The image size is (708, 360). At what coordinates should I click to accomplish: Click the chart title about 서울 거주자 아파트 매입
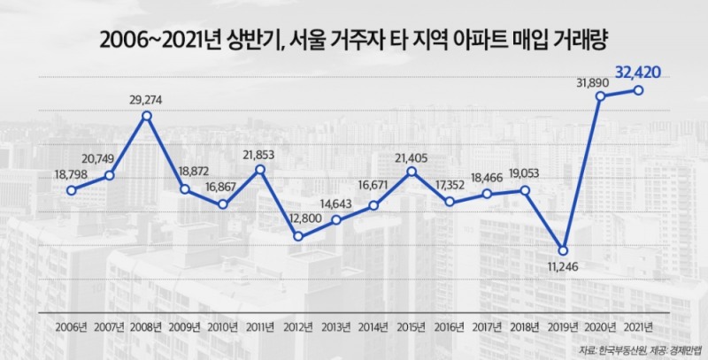click(354, 40)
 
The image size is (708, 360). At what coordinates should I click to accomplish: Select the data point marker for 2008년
click(147, 116)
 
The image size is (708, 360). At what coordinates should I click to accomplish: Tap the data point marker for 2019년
click(563, 249)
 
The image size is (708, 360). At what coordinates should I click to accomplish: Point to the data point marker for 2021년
click(638, 90)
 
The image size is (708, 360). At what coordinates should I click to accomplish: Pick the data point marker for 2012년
click(298, 236)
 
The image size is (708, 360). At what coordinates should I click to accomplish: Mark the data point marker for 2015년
click(412, 172)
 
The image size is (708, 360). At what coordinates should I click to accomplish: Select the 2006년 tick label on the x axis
click(71, 326)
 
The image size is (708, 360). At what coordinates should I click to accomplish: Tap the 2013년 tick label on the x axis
click(335, 326)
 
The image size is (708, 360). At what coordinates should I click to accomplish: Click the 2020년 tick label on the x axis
click(600, 326)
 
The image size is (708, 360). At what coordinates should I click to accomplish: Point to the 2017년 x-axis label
click(487, 326)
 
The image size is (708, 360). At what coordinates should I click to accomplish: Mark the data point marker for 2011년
click(259, 169)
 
